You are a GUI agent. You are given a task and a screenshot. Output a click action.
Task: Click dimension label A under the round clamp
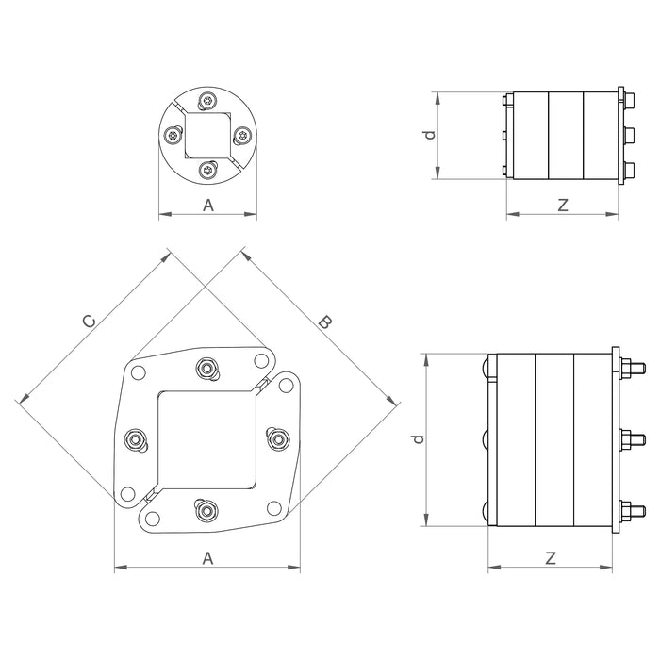208,204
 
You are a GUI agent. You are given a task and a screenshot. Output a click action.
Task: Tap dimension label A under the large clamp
208,557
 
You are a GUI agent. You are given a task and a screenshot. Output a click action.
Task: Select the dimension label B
323,322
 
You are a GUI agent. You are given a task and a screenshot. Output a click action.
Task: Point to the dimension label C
89,322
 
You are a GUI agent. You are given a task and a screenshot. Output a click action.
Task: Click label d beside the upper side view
429,135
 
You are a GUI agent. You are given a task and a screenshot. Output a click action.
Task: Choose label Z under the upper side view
563,204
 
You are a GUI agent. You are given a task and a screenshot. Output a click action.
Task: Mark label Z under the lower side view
551,557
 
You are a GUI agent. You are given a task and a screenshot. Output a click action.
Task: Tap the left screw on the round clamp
173,136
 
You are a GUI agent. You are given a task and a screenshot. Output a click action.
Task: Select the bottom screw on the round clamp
208,171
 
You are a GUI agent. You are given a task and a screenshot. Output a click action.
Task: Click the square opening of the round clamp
208,136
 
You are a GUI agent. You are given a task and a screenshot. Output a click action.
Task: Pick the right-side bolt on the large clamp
276,439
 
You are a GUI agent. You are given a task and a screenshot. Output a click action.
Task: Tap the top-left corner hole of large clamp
139,371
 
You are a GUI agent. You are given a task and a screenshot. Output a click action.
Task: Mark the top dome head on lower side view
487,367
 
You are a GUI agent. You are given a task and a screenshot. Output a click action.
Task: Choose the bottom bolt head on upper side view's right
625,171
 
